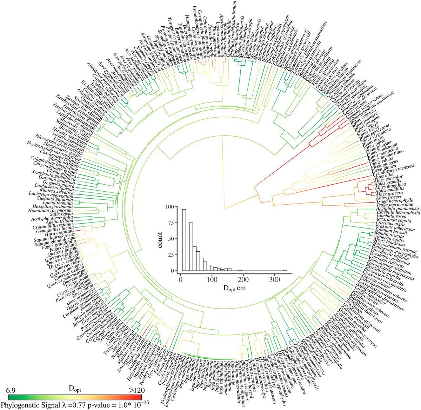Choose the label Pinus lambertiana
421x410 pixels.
pyautogui.click(x=386, y=155)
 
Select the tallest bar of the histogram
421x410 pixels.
pyautogui.click(x=184, y=240)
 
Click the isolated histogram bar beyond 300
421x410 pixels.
pyautogui.click(x=285, y=270)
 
